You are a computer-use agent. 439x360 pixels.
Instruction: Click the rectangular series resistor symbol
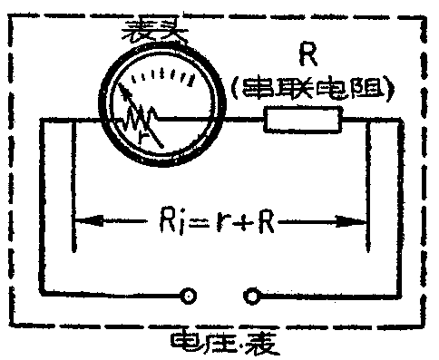tap(303, 120)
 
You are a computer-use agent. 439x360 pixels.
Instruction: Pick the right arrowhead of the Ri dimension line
tap(363, 219)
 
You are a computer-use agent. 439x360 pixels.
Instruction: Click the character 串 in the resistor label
tap(257, 89)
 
